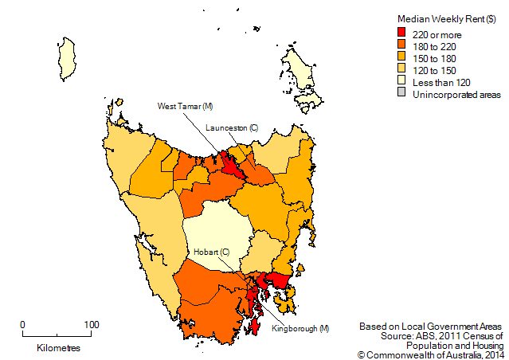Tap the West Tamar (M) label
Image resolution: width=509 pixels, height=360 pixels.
185,106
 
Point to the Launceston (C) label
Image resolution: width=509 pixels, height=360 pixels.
232,127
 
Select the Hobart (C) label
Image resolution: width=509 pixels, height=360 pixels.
212,252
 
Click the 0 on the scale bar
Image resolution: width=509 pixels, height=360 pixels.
22,324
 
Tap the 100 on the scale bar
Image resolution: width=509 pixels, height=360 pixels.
91,324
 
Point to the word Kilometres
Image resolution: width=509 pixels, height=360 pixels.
58,349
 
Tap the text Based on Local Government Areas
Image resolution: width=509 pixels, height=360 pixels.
430,327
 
